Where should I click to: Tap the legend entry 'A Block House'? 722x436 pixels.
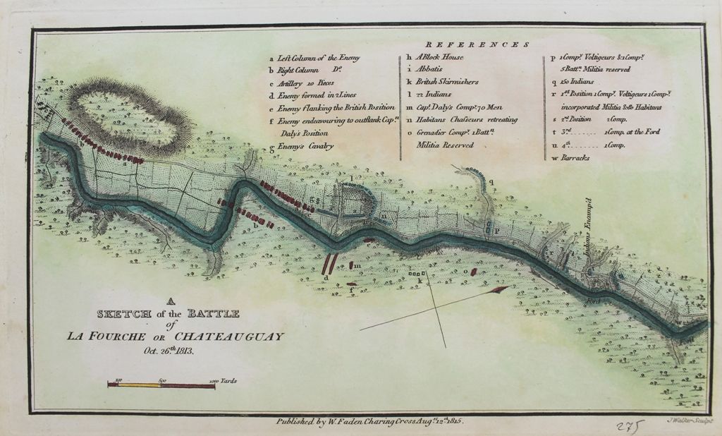434,59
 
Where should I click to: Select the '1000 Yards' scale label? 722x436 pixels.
224,381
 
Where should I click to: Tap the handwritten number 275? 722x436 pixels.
630,425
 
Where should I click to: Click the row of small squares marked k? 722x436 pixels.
419,274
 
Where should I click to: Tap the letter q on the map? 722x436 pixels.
491,181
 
